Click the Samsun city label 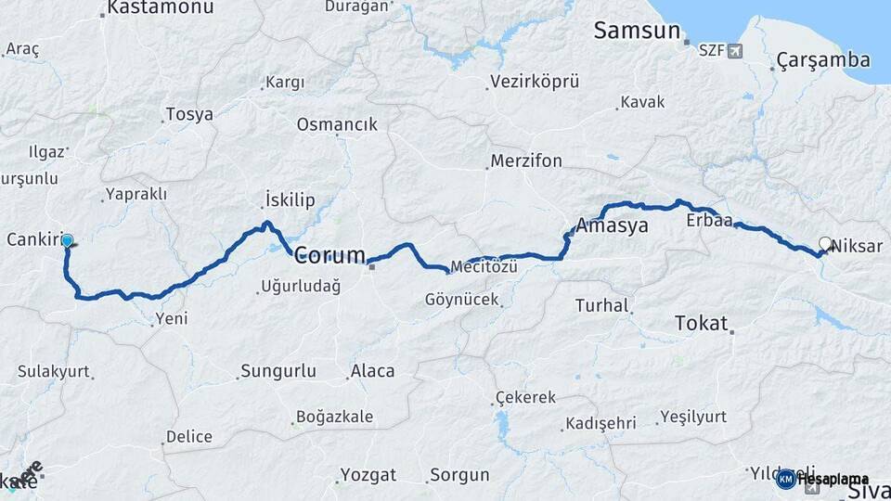coord(637,32)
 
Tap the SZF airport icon coord(736,50)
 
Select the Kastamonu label coord(160,8)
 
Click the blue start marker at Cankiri coord(67,241)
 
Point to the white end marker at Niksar coord(825,244)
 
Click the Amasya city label coord(612,225)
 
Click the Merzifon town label coord(526,161)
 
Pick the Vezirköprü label coord(536,82)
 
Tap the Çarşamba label coord(823,61)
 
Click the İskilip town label coord(291,200)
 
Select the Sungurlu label coord(278,371)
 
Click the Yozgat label coord(368,475)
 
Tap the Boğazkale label coord(333,417)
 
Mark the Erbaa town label coord(709,221)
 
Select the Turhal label coord(601,305)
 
